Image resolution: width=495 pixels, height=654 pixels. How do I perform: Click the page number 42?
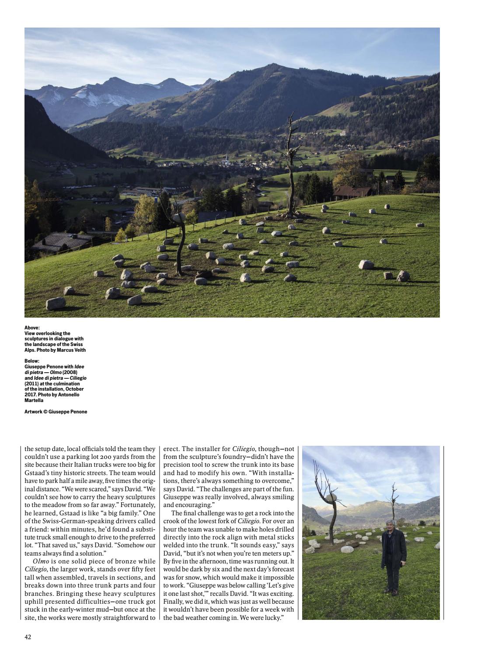click(28, 637)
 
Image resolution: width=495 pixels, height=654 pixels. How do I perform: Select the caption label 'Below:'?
click(32, 361)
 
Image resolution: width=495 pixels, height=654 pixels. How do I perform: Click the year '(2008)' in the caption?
click(70, 372)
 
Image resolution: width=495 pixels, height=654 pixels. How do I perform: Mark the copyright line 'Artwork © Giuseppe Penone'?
click(56, 412)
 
